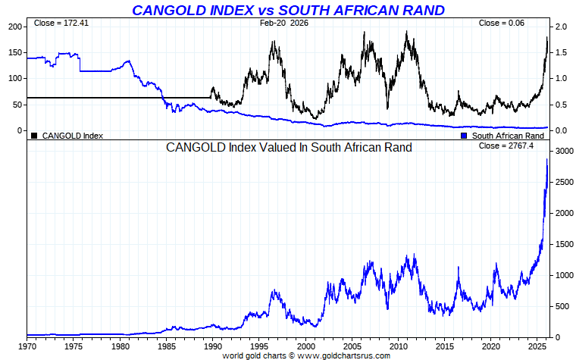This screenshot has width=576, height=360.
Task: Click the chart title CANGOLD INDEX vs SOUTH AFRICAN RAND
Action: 288,10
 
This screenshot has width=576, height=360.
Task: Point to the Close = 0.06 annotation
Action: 501,23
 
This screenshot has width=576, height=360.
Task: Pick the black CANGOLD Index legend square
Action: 34,136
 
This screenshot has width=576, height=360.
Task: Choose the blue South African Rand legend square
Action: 464,136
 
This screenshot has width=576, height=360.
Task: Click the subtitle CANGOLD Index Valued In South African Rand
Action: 289,148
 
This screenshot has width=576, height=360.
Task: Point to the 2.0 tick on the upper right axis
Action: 561,27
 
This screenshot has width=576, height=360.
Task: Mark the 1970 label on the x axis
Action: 27,346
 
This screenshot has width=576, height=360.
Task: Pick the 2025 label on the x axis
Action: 540,346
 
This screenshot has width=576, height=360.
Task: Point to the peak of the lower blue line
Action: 547,160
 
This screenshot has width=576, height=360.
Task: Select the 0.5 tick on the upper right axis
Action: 561,105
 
